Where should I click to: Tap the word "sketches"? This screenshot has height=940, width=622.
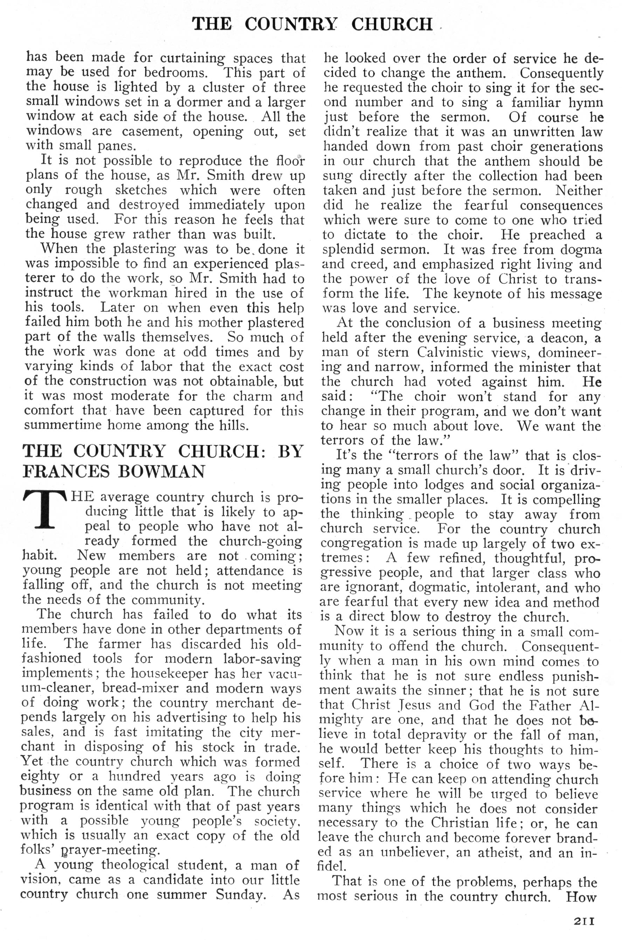tap(141, 190)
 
